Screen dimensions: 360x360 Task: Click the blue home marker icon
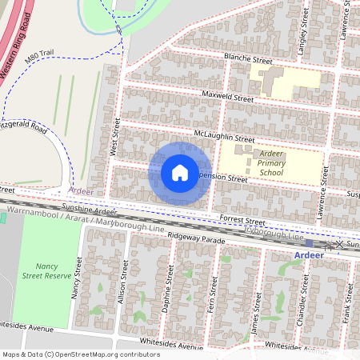[x=180, y=173]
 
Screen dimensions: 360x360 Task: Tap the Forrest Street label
[x=243, y=220]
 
